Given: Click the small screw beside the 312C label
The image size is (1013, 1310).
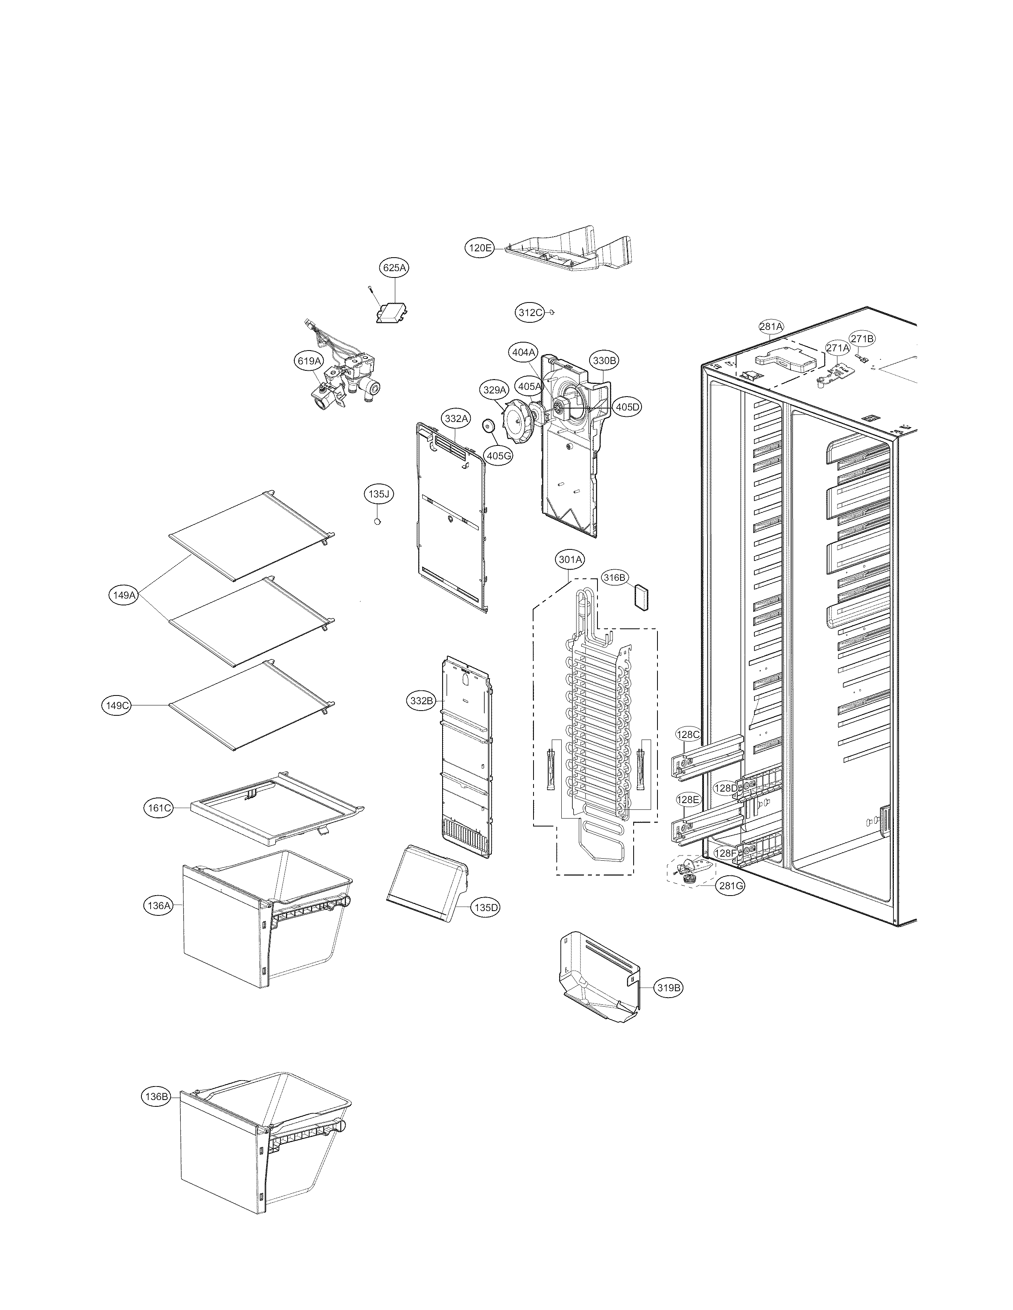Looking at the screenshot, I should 553,312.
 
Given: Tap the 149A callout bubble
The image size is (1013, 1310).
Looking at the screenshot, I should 124,595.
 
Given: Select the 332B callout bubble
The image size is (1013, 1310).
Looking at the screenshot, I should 421,701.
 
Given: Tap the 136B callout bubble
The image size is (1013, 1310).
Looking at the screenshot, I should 156,1096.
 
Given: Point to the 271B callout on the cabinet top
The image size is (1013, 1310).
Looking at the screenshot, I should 862,339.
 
